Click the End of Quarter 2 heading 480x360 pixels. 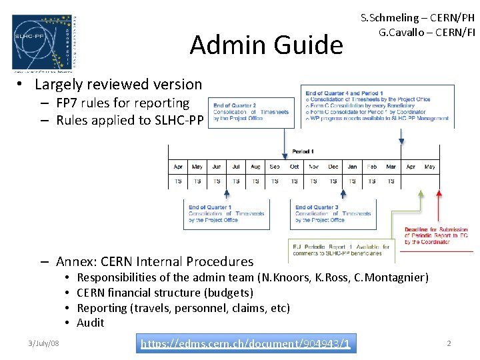235,105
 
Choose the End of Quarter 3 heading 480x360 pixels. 317,207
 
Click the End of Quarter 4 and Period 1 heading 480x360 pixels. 343,93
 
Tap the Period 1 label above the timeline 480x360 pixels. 303,151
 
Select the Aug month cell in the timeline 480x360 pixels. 255,167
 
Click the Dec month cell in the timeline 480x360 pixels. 333,167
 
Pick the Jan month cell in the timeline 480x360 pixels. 352,167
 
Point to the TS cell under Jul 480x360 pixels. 236,181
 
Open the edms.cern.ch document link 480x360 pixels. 245,343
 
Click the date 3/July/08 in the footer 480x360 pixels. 44,343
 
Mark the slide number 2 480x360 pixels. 449,343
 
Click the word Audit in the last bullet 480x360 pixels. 91,323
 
